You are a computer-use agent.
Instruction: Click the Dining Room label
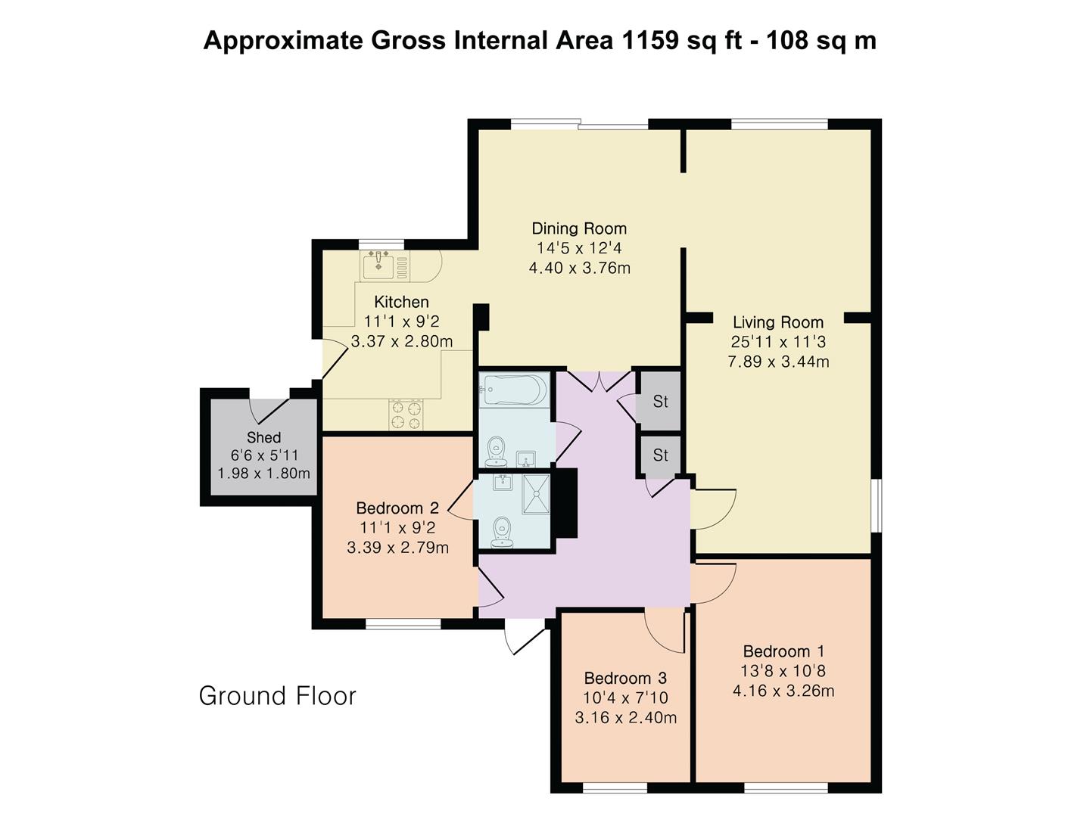(x=579, y=228)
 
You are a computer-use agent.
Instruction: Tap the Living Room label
(x=778, y=322)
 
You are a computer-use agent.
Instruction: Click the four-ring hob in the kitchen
(x=406, y=415)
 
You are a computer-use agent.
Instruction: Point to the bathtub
(x=514, y=390)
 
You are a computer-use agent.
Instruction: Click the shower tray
(x=536, y=494)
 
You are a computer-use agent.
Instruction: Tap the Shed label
(x=263, y=437)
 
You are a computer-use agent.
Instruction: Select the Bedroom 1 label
(x=783, y=651)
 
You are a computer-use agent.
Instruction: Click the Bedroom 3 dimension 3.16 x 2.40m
(x=626, y=717)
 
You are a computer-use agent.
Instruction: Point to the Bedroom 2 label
(x=397, y=508)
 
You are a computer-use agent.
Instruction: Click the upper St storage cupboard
(x=659, y=401)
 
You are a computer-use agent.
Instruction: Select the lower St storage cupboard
(x=659, y=456)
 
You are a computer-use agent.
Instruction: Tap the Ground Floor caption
(x=278, y=696)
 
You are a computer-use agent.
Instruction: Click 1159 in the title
(x=649, y=40)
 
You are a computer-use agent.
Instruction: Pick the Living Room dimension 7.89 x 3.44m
(x=778, y=362)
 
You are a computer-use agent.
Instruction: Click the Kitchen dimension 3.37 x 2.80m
(x=402, y=341)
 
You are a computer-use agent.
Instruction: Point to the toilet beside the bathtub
(x=496, y=452)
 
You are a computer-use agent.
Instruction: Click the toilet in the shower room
(x=502, y=533)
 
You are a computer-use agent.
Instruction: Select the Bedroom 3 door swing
(x=665, y=632)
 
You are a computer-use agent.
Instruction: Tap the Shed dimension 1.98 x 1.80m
(x=263, y=474)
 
